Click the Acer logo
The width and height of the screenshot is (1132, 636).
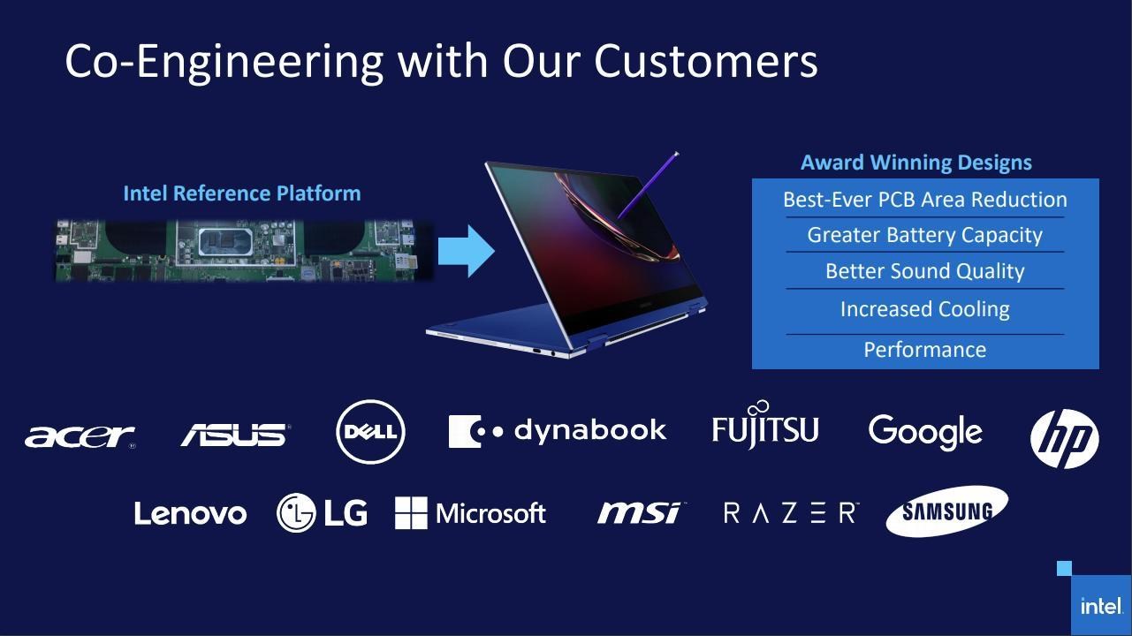point(80,435)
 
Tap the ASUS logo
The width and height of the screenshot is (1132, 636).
point(234,435)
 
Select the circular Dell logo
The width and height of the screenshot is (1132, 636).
point(371,432)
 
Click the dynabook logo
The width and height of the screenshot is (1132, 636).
point(557,431)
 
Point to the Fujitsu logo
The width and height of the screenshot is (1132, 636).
point(765,428)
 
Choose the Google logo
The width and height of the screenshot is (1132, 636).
point(925,432)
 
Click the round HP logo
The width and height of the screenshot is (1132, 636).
point(1064,438)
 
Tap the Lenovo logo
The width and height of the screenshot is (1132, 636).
point(190,513)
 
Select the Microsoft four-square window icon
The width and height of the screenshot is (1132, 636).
point(410,513)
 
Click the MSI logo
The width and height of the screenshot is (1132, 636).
point(640,512)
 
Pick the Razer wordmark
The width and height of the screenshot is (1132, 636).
point(790,513)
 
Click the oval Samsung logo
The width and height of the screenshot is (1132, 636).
point(946,511)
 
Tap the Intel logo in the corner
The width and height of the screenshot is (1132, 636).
point(1101,606)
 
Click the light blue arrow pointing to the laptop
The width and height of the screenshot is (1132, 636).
point(466,252)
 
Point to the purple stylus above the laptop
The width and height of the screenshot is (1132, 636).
point(648,185)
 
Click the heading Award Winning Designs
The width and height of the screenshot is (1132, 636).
point(915,163)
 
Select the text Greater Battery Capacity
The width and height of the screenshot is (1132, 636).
point(924,235)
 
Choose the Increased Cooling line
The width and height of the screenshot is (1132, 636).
point(924,309)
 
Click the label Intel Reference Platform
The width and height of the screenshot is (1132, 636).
point(241,193)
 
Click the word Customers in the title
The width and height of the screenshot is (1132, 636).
point(705,61)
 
